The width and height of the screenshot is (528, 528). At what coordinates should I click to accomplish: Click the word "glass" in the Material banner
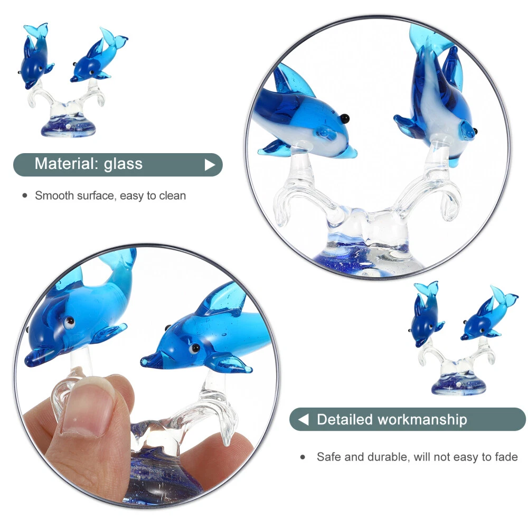pos(123,164)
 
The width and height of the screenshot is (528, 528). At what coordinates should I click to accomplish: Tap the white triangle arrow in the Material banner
pos(210,165)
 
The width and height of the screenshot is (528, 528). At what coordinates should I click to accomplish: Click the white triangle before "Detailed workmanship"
pos(304,419)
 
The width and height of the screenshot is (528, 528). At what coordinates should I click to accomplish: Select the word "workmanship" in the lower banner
pos(422,420)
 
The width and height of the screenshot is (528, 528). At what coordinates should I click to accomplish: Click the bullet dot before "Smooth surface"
pos(25,196)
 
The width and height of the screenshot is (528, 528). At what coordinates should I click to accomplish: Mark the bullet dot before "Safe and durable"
pos(303,457)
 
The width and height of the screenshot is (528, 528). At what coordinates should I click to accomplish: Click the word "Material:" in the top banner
pos(67,164)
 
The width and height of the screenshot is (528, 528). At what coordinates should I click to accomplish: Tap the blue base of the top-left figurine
pos(68,126)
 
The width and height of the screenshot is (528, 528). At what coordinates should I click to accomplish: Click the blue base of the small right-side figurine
pos(459,385)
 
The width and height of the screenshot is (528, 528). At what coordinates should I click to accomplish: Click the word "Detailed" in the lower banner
pos(345,420)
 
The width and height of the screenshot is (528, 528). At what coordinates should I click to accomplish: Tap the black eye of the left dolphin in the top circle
pos(344,118)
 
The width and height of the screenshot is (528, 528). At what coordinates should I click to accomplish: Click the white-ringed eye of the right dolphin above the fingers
pos(194,348)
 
